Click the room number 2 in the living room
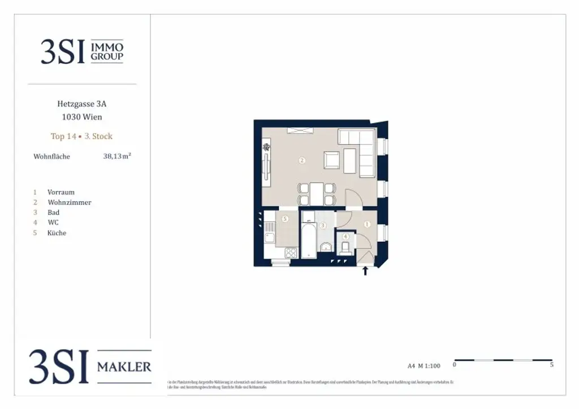click(302, 161)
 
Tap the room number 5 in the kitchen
click(285, 219)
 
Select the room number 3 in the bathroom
click(323, 225)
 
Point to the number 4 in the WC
click(345, 236)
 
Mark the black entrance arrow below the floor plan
click(365, 271)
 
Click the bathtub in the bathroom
click(308, 241)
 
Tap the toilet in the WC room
click(345, 247)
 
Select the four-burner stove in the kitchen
click(291, 253)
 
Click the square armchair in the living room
click(332, 161)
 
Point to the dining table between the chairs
click(317, 193)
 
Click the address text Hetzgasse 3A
click(81, 104)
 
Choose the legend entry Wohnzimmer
click(69, 202)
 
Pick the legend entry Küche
click(57, 233)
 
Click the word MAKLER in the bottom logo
click(124, 367)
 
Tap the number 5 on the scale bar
click(551, 365)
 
